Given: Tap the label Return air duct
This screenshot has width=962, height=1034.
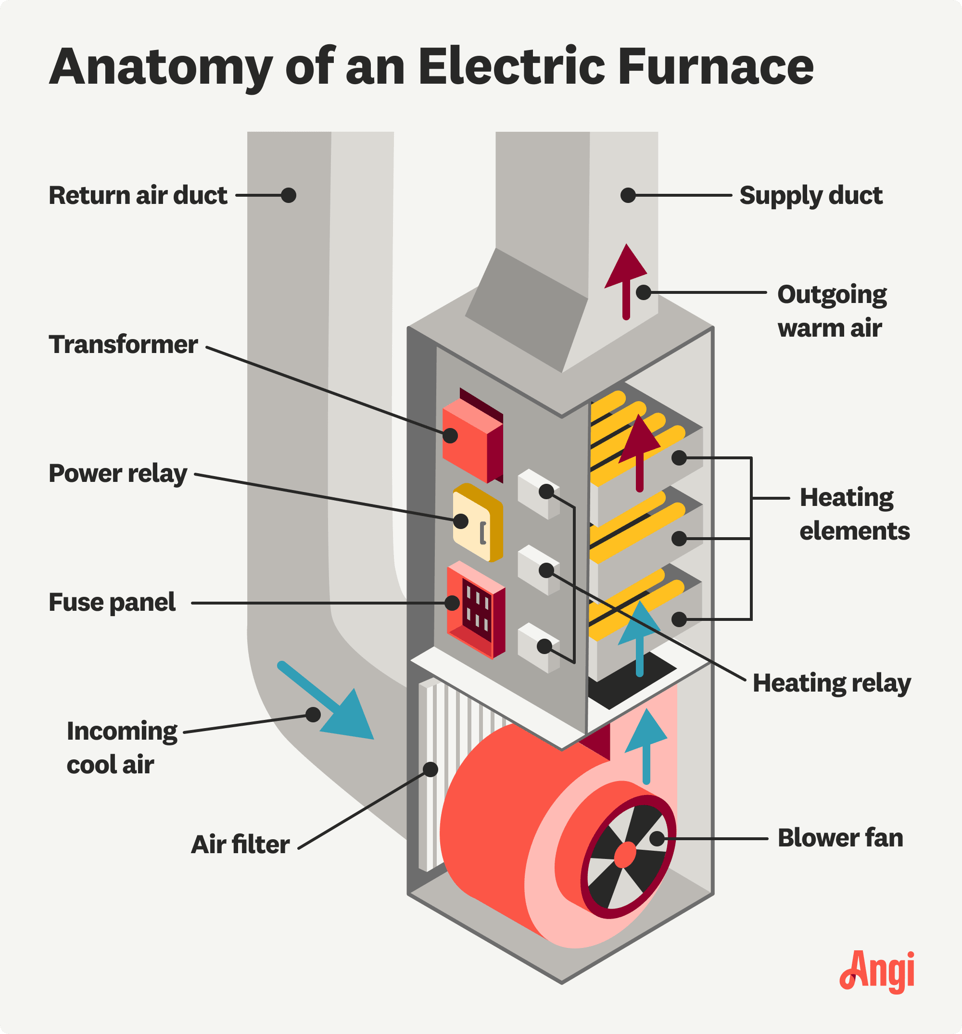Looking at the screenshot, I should [138, 196].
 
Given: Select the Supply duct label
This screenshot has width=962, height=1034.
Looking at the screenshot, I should [810, 196].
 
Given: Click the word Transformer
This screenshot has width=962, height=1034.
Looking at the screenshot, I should [123, 345].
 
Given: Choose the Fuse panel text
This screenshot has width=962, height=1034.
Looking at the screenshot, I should [113, 603].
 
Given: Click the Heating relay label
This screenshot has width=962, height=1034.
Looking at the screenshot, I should [832, 683].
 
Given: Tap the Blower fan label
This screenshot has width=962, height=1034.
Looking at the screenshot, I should [840, 838].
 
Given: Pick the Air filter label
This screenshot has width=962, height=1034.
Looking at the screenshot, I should [240, 845].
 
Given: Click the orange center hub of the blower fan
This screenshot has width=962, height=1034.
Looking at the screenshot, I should [625, 856].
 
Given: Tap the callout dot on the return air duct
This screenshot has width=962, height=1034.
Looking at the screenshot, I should [289, 196].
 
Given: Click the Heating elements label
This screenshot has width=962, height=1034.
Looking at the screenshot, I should [854, 515].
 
